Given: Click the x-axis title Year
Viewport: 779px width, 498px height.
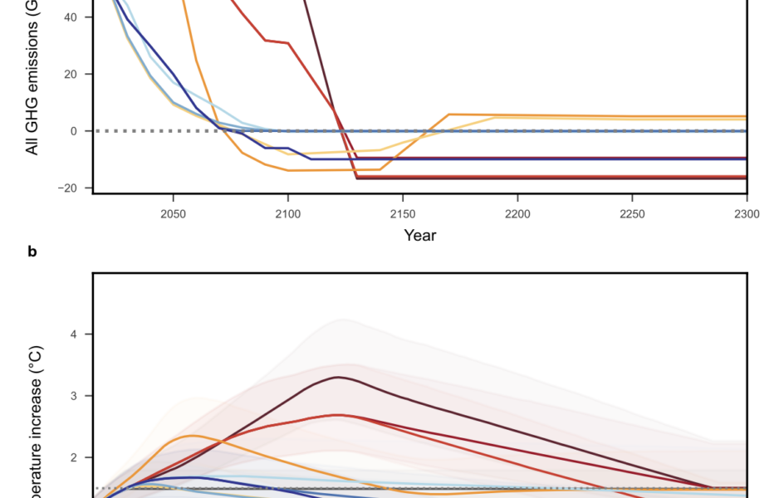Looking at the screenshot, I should click(419, 235).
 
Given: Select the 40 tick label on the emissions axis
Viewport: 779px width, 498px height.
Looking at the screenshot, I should click(72, 17).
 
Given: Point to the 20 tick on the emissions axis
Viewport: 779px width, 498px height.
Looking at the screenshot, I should click(72, 74).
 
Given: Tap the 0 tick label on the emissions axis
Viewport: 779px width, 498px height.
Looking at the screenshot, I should click(76, 131).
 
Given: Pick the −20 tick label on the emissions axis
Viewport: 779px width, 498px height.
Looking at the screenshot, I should click(68, 188).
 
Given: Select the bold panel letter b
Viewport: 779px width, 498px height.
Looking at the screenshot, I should click(32, 251).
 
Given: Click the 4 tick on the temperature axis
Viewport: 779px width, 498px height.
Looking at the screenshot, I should click(76, 334).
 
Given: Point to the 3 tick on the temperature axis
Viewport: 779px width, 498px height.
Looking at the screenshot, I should click(76, 396).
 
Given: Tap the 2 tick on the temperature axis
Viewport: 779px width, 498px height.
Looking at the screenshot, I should click(76, 457).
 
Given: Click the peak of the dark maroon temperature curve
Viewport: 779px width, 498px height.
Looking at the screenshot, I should click(339, 377).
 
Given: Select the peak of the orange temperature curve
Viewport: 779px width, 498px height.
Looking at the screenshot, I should click(194, 435).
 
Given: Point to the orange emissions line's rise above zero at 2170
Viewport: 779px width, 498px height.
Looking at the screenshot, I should click(448, 115).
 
